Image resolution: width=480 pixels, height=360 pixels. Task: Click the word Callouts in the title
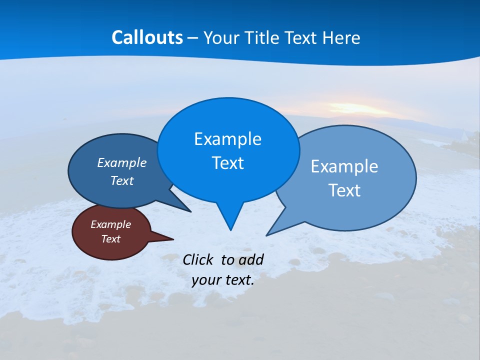pos(147,37)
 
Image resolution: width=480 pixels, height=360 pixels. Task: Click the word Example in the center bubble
pos(227,139)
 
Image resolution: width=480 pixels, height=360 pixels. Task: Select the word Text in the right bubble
pos(344,190)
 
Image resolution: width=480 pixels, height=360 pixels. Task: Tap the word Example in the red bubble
pos(110,224)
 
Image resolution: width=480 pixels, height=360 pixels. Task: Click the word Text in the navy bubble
pos(122,181)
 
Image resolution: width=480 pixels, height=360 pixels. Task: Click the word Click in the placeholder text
pos(199,259)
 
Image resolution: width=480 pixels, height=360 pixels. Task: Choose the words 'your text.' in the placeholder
pos(223,280)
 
